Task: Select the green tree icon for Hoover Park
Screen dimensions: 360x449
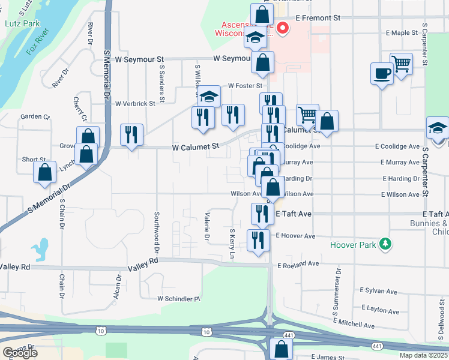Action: pos(387,245)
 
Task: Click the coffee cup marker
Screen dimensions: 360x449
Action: pos(382,74)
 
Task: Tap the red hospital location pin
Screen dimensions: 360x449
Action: pos(282,28)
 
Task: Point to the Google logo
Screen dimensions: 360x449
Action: pos(20,353)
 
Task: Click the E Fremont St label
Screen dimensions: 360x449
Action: pos(318,19)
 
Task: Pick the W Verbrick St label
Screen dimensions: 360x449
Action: pos(135,103)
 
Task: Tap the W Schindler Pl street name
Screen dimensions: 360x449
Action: pos(178,298)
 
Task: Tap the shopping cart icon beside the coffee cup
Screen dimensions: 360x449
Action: pos(401,63)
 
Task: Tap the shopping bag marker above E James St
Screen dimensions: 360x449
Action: pos(281,349)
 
